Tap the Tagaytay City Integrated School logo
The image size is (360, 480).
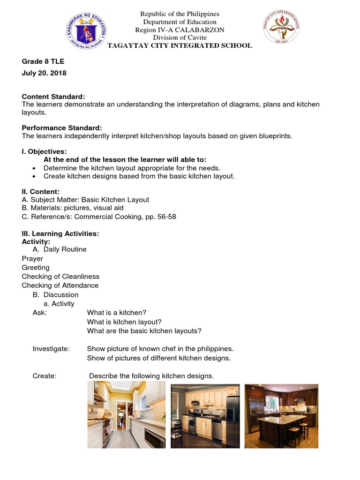click(x=281, y=28)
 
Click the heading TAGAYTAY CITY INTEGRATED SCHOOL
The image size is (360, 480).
click(x=180, y=45)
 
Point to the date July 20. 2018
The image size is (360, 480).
click(x=44, y=73)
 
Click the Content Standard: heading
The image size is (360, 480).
click(x=53, y=96)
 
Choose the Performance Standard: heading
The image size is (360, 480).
click(x=62, y=128)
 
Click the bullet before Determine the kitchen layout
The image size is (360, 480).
click(x=34, y=168)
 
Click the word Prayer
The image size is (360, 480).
click(x=32, y=259)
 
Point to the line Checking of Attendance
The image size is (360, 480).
click(x=60, y=285)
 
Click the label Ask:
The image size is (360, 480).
click(x=40, y=313)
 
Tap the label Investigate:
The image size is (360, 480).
click(x=51, y=349)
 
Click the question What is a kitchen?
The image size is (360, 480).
click(x=117, y=313)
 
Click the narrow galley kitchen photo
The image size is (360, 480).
click(x=127, y=414)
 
